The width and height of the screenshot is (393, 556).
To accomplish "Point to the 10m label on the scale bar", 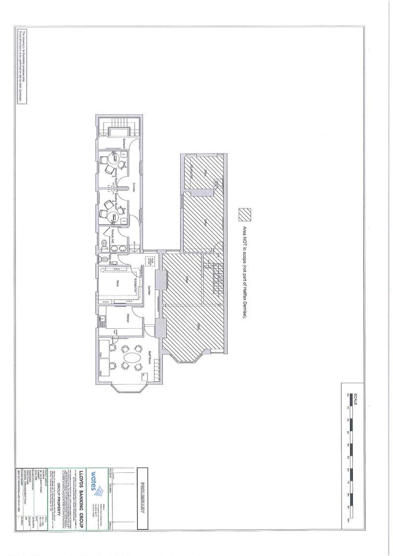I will [348, 520].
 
